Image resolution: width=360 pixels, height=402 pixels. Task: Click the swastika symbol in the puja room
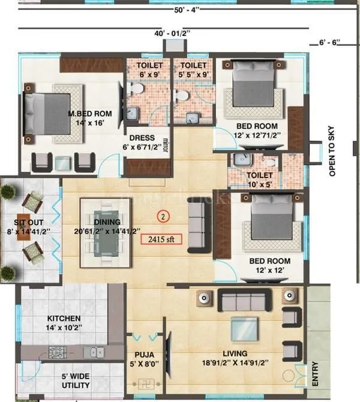click(144, 382)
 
